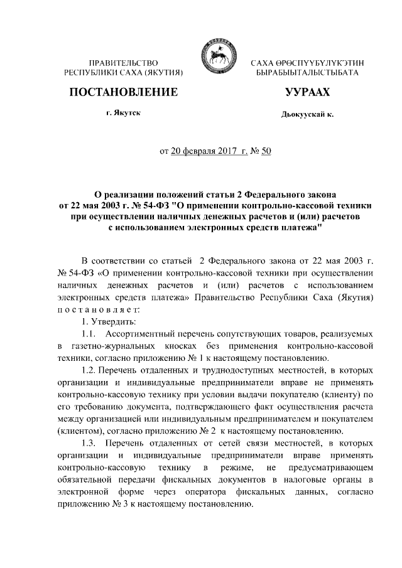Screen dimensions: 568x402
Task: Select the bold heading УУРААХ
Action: point(307,92)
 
